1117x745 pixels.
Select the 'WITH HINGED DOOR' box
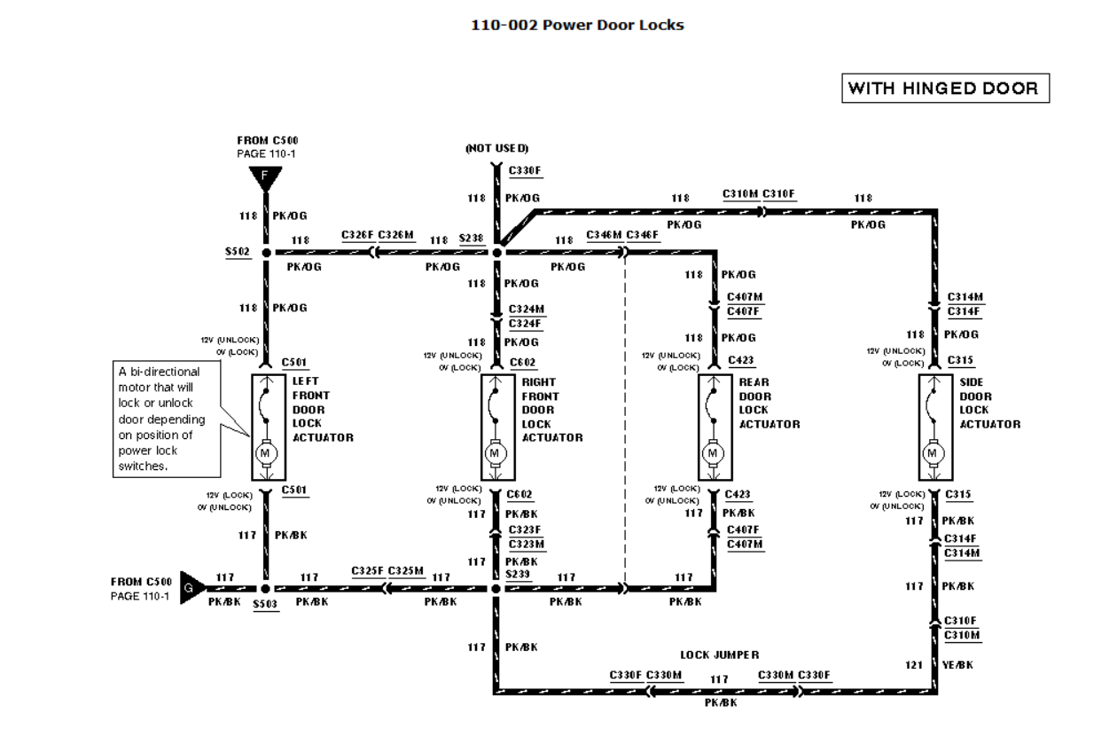pos(946,89)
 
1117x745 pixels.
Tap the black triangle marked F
pos(265,178)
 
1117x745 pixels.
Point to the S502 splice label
pos(238,252)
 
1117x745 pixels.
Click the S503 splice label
pos(265,603)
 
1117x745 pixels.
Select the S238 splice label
pos(472,239)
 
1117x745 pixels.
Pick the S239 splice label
pos(518,575)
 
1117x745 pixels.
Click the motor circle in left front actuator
pos(265,453)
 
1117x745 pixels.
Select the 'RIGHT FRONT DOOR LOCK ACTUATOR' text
pos(551,410)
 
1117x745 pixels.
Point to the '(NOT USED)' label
pos(496,147)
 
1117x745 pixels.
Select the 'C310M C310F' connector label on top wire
pos(759,193)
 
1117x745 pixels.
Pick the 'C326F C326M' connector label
pos(378,235)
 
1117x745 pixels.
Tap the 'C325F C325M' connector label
pos(387,571)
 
